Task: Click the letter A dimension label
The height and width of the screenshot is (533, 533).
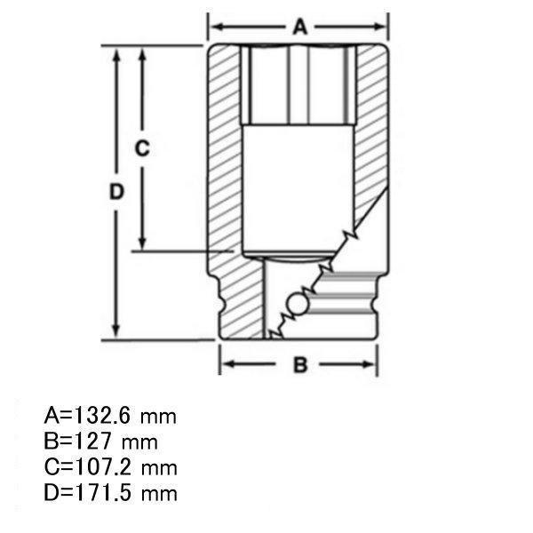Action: coord(300,28)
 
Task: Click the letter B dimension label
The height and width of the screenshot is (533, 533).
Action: coord(300,365)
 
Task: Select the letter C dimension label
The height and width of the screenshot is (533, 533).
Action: coord(142,148)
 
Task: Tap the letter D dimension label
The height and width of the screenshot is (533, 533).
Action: coord(116,192)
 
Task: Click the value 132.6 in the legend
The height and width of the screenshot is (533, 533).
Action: coord(101,415)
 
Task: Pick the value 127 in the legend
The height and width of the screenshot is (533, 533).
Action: coord(92,441)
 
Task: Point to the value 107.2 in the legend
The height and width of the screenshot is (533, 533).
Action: coord(102,466)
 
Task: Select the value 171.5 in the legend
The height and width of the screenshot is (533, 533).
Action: coord(102,492)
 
